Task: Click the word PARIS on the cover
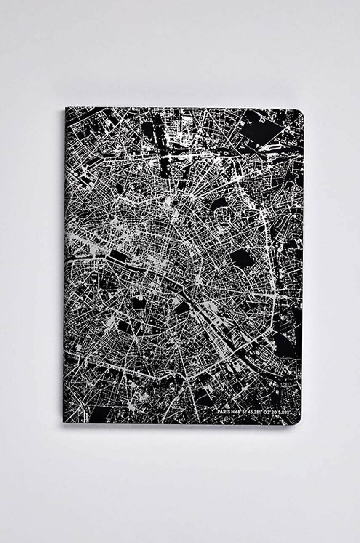pos(224,412)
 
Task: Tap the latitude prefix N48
pos(236,412)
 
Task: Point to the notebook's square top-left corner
pos(66,109)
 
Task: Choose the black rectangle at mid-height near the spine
pos(118,255)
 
